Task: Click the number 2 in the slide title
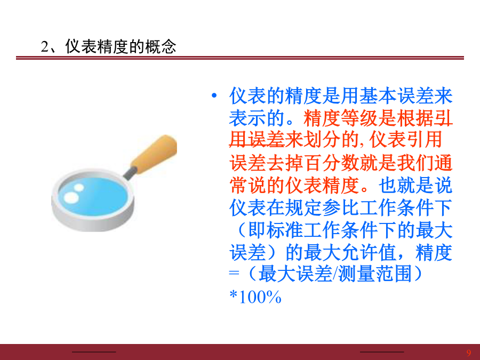(45, 47)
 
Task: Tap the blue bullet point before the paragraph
(214, 96)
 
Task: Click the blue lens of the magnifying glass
(93, 196)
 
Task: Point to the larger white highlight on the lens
(71, 197)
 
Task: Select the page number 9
(469, 353)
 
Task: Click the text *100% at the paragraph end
(255, 297)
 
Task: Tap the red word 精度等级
(340, 118)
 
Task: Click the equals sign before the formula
(234, 273)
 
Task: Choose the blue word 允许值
(369, 253)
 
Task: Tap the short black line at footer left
(94, 352)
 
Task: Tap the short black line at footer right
(382, 352)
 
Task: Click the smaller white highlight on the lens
(79, 187)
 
